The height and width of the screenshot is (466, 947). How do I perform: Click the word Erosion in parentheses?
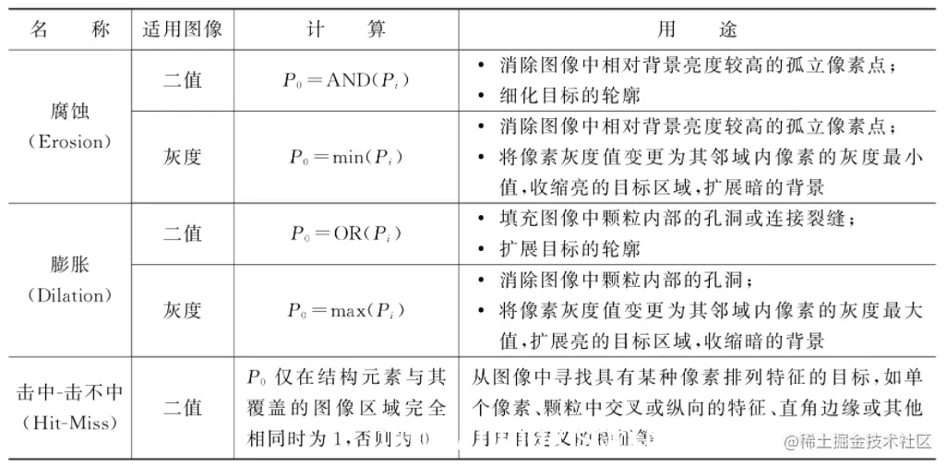[69, 142]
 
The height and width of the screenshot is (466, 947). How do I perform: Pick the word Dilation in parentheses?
[69, 295]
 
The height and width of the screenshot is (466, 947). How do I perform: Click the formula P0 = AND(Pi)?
[345, 79]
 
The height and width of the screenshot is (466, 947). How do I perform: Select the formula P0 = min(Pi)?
[345, 156]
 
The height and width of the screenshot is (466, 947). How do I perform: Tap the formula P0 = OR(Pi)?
[345, 233]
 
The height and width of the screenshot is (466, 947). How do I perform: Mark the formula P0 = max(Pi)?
[345, 310]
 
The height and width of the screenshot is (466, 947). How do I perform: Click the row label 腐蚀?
[69, 113]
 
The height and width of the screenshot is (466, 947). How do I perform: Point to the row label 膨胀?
[69, 267]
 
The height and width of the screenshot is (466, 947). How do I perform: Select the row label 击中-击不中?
[69, 390]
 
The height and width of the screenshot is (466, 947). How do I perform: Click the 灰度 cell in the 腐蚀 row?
[183, 156]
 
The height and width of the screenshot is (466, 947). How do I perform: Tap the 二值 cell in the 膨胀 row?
[183, 233]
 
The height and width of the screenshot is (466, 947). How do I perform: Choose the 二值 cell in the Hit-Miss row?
[183, 406]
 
